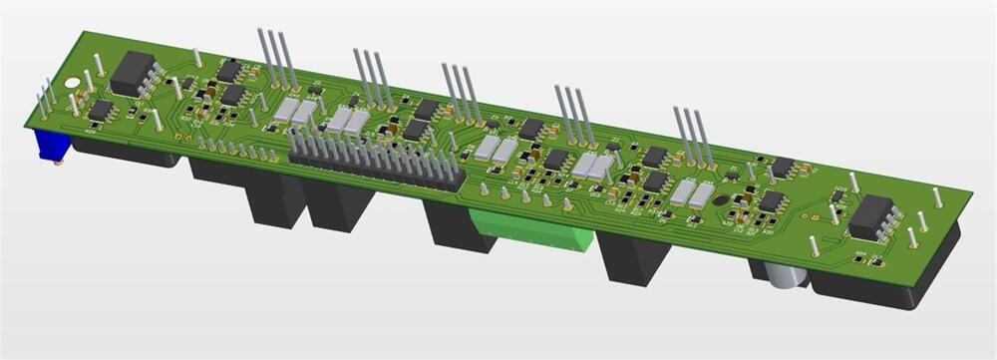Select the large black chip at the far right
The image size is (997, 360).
coord(869,215)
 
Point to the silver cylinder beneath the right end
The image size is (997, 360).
coord(784,275)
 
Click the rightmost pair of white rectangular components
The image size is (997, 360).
coord(691,193)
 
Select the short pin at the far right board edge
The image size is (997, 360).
coord(936,198)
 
